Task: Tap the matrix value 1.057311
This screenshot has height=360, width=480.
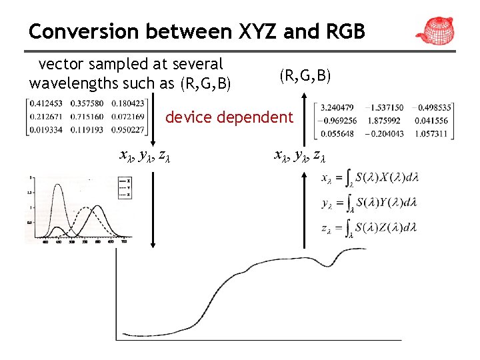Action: (x=432, y=133)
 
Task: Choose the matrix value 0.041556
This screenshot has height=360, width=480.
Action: (x=432, y=121)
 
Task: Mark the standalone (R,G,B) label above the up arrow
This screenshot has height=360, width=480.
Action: (x=304, y=76)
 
